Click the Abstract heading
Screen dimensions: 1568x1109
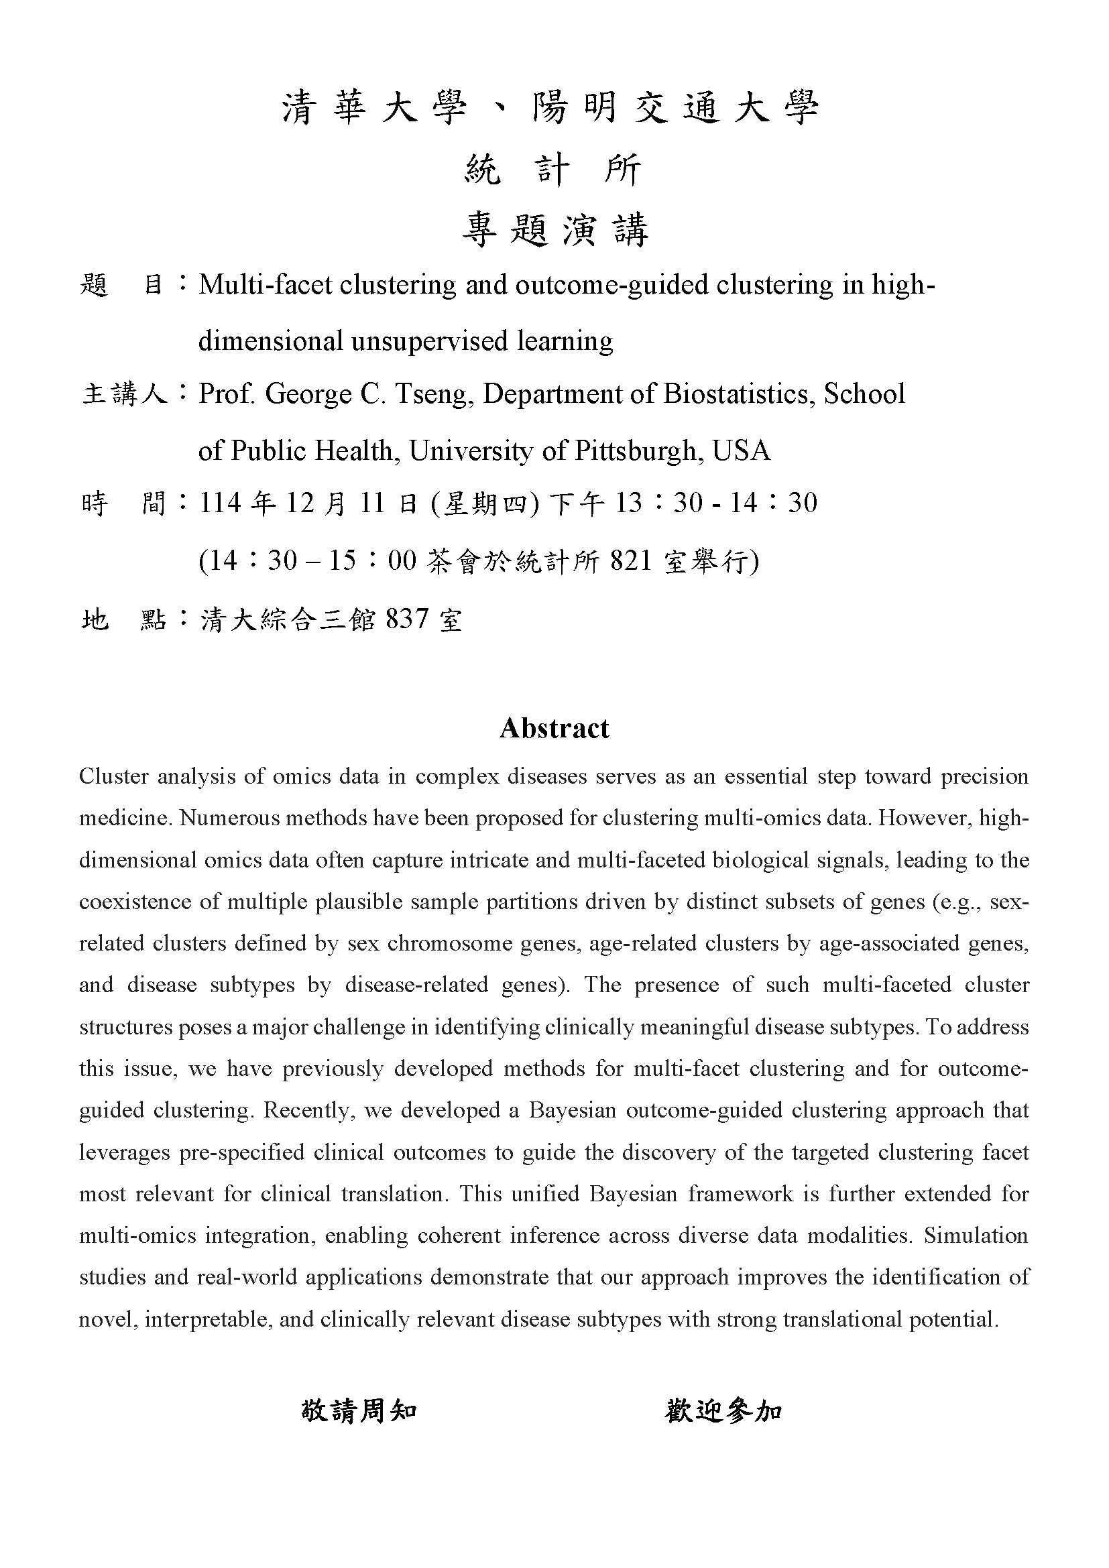pyautogui.click(x=554, y=728)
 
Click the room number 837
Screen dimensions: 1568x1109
pyautogui.click(x=408, y=619)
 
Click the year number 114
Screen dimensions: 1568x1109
pyautogui.click(x=221, y=503)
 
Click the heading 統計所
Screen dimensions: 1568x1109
pyautogui.click(x=554, y=170)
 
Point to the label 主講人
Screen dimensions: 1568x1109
pyautogui.click(x=124, y=394)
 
